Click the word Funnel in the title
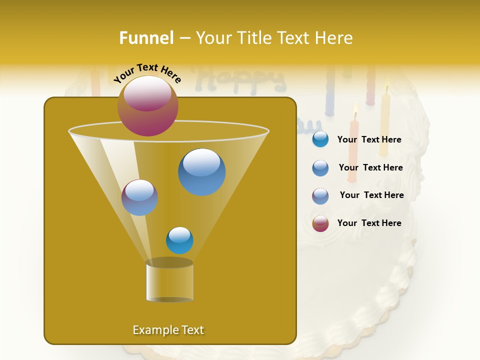click(x=146, y=37)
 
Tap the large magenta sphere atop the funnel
click(x=147, y=105)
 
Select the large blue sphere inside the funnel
click(x=201, y=171)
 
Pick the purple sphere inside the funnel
click(x=139, y=197)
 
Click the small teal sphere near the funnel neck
click(x=179, y=240)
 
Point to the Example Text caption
click(x=168, y=330)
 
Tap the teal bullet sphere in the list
click(x=320, y=139)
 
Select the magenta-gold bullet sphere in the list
click(x=320, y=223)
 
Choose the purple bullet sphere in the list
click(x=320, y=196)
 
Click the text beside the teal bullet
click(x=369, y=139)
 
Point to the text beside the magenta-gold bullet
click(x=369, y=223)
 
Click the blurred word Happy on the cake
click(x=245, y=79)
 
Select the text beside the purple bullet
click(x=371, y=195)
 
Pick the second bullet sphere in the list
click(x=320, y=168)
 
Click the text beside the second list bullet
click(x=370, y=167)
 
